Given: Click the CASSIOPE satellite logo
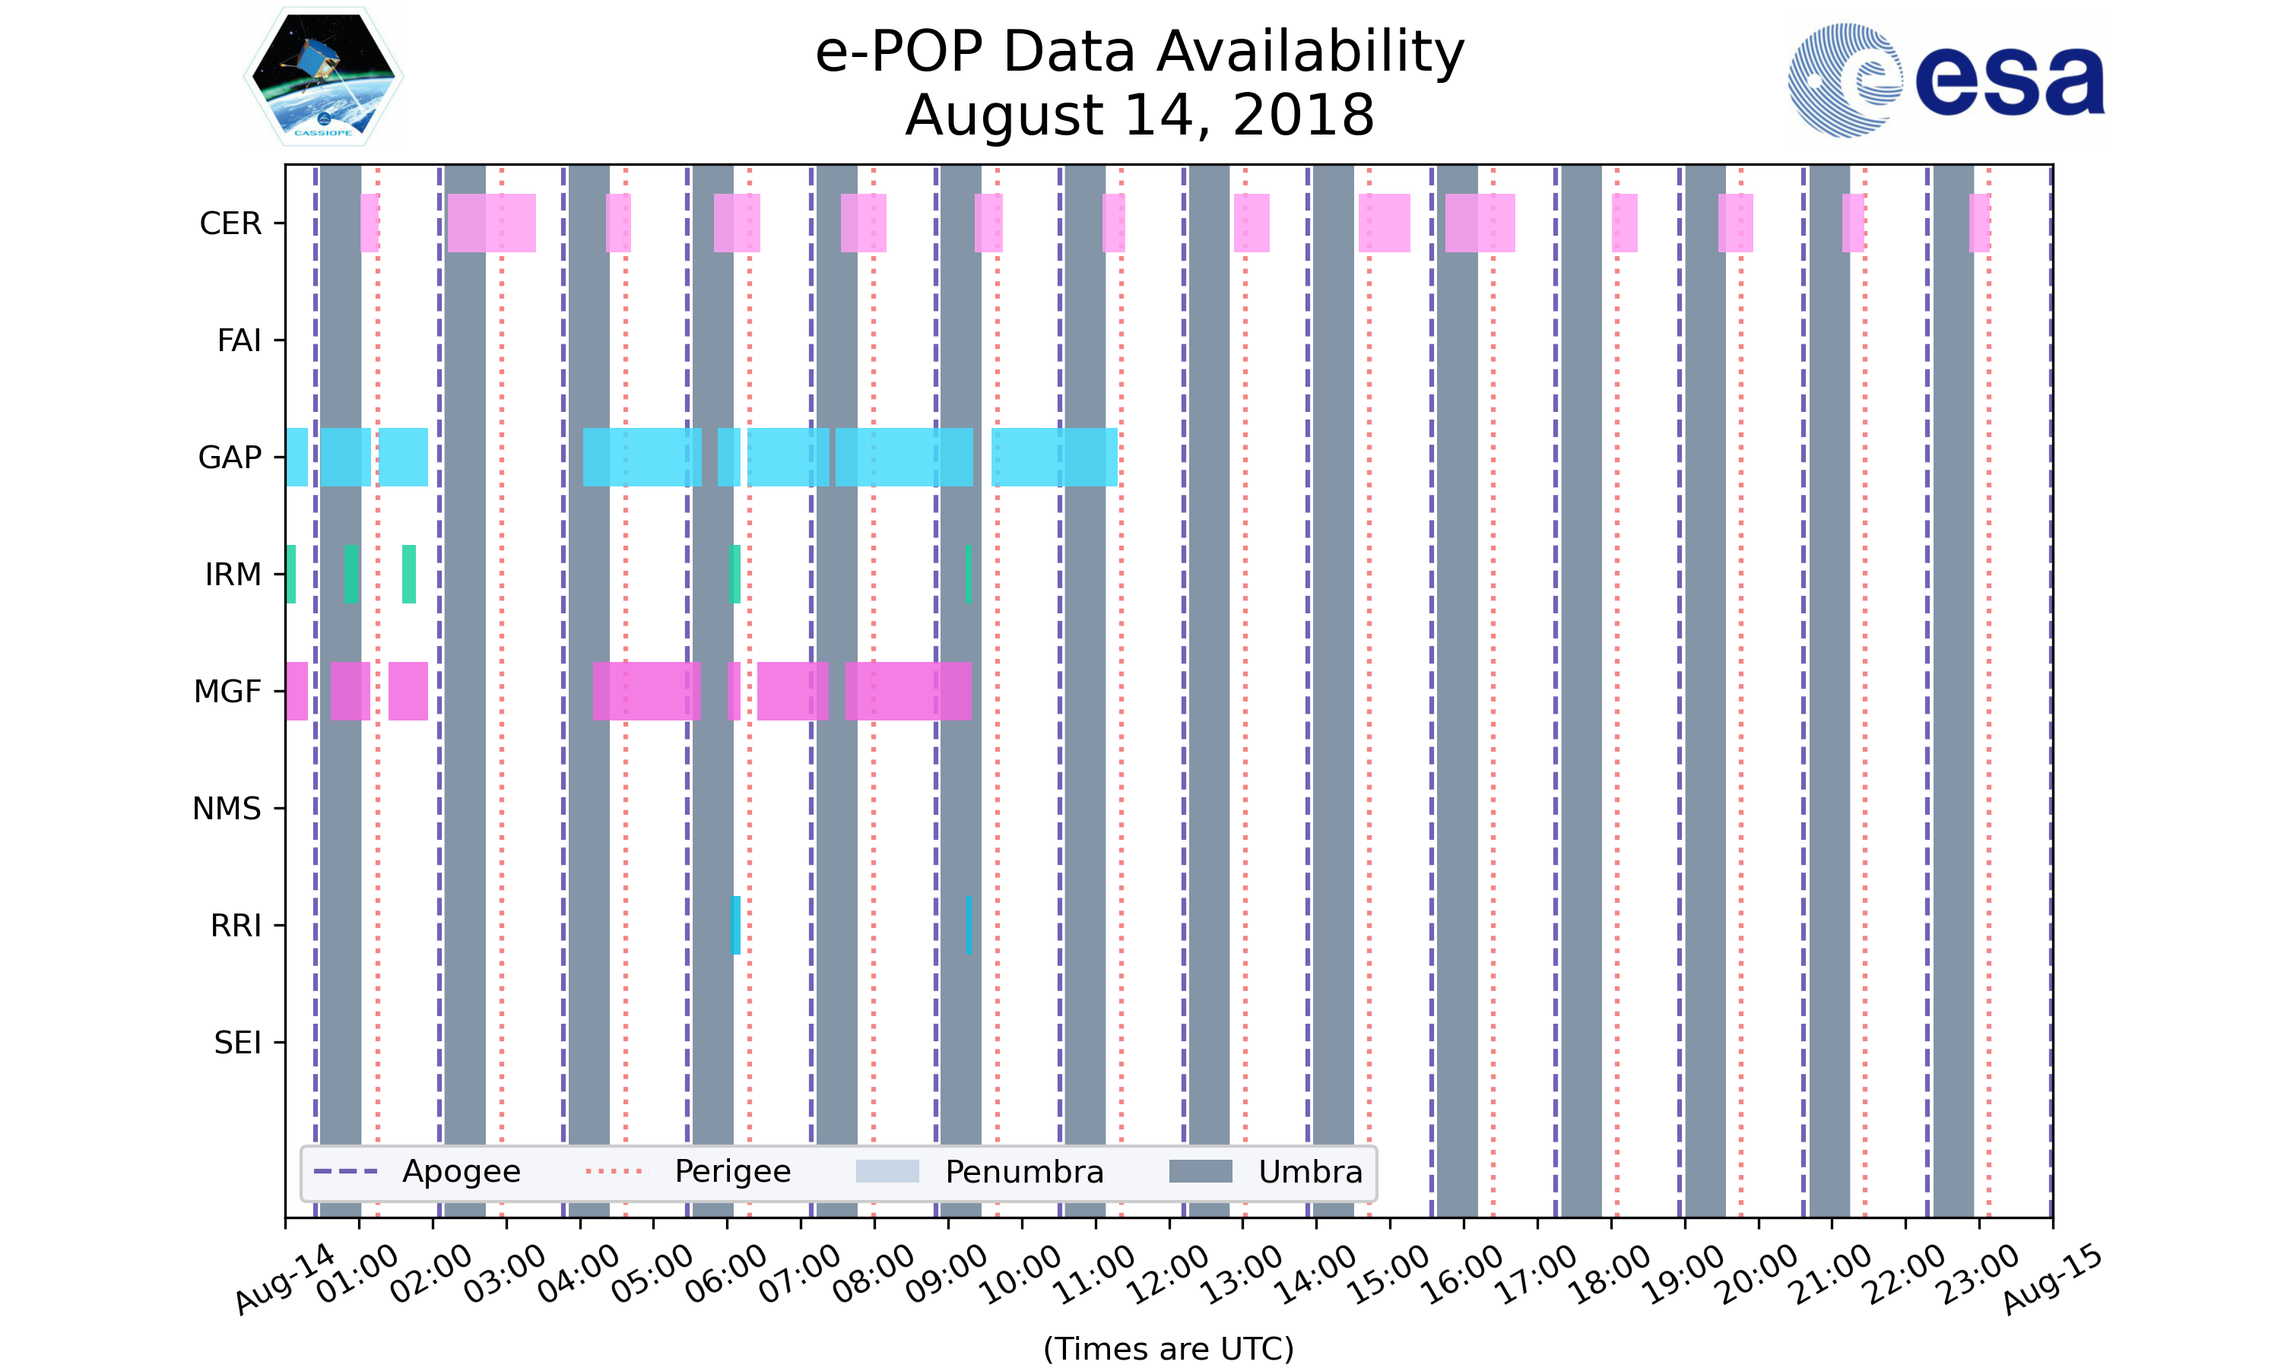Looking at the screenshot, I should [322, 78].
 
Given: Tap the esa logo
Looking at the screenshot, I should [1946, 81].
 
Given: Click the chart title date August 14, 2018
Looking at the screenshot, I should [1140, 116].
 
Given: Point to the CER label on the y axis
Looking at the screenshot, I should [230, 224].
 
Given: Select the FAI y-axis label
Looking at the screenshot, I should [239, 341].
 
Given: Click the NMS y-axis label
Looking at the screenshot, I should [227, 809].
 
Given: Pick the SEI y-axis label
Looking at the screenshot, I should [238, 1043].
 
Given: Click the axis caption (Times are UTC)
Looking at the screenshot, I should [1168, 1349].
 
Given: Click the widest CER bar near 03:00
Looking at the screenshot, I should [491, 223].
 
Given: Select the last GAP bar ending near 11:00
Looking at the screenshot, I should [1054, 458].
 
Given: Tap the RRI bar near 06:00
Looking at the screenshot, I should [736, 925].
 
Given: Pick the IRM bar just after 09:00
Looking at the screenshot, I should [968, 575].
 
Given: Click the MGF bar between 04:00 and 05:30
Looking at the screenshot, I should [646, 692].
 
